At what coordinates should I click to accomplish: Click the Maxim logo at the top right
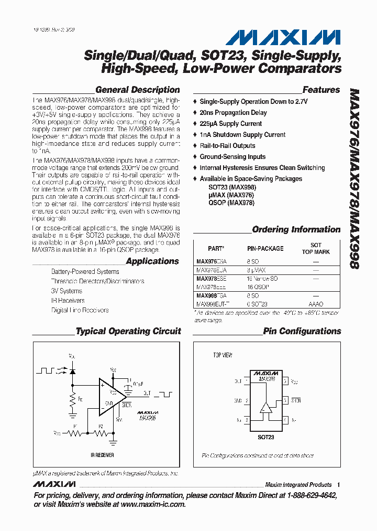[283, 37]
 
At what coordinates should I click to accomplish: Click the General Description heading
[137, 90]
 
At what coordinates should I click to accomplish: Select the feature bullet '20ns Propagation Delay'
[233, 113]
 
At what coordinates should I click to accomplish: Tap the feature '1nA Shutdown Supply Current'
[242, 135]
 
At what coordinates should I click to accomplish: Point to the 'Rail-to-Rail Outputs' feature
[227, 146]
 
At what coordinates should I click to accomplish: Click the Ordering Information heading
[296, 229]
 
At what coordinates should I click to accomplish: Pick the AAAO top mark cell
[316, 304]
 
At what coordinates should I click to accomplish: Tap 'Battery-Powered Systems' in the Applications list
[85, 272]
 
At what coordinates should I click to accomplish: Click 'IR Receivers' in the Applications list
[68, 301]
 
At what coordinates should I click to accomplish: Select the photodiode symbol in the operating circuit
[72, 371]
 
